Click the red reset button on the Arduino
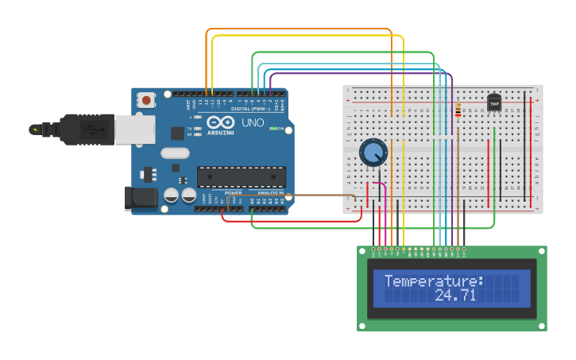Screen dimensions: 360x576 tap(147, 100)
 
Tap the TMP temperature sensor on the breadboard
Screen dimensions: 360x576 tap(494, 104)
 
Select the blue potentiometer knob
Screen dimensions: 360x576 tap(373, 152)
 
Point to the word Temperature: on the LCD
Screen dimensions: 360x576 tap(434, 281)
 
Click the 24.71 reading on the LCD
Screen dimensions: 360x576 tap(455, 296)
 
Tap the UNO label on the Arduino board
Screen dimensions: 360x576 tap(252, 123)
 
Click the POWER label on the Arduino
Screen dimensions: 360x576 tap(233, 193)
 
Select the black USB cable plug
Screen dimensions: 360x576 tap(79, 128)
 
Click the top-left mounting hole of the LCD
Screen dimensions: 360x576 tap(363, 251)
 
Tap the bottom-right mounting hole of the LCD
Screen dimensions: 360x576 tap(542, 325)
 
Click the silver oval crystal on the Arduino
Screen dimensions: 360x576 tap(176, 153)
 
